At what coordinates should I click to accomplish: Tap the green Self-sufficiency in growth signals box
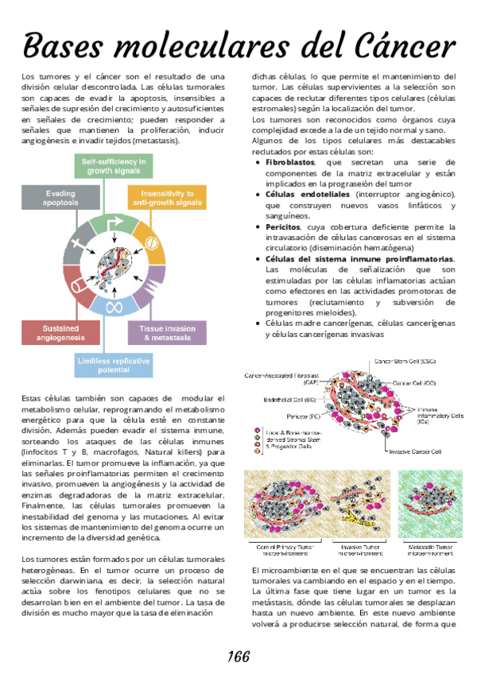[x=114, y=166]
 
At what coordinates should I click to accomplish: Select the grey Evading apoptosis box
[x=60, y=198]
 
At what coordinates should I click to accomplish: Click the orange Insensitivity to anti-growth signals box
[x=167, y=198]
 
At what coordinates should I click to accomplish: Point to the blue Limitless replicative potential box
[x=114, y=366]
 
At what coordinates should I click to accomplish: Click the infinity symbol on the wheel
[x=114, y=307]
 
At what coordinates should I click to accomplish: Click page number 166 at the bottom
[x=238, y=657]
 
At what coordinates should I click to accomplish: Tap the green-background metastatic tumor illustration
[x=430, y=506]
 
